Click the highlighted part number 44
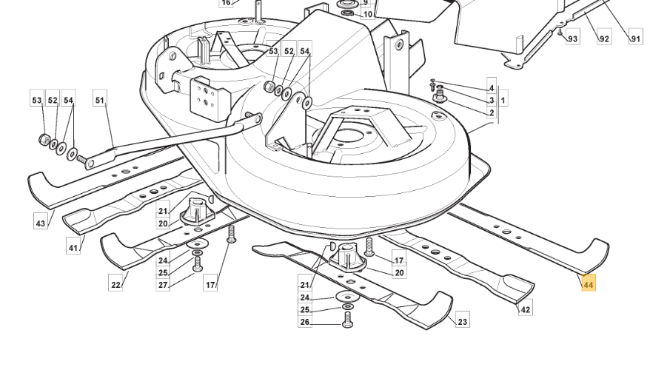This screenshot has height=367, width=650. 589,285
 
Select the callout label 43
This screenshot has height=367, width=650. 40,223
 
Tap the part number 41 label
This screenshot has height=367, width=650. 73,248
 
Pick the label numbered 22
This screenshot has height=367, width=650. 115,285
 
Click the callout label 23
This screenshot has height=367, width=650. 462,321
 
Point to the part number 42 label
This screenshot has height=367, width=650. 525,309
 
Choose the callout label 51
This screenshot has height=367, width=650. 100,100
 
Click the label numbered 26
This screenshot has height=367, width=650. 305,322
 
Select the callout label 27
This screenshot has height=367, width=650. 163,285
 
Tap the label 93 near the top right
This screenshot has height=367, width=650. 572,38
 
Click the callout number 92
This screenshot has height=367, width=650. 604,38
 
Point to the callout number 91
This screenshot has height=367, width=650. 635,38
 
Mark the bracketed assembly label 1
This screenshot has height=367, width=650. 503,100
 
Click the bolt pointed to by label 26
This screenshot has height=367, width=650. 347,320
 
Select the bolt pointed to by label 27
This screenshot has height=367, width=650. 198,263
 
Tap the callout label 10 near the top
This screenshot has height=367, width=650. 368,15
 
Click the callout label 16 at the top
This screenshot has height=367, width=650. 226,3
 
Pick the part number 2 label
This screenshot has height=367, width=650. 492,112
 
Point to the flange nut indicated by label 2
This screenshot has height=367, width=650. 439,98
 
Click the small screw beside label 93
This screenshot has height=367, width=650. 560,32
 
